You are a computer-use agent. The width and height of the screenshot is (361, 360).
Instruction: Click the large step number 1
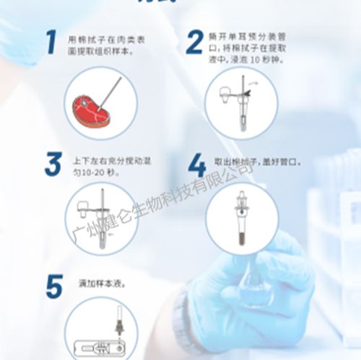coord(51,43)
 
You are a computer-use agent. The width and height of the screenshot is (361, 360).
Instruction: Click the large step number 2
coord(193,43)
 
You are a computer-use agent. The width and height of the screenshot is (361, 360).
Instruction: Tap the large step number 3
coord(51,164)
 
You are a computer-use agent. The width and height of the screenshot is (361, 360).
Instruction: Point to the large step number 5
coord(53,286)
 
